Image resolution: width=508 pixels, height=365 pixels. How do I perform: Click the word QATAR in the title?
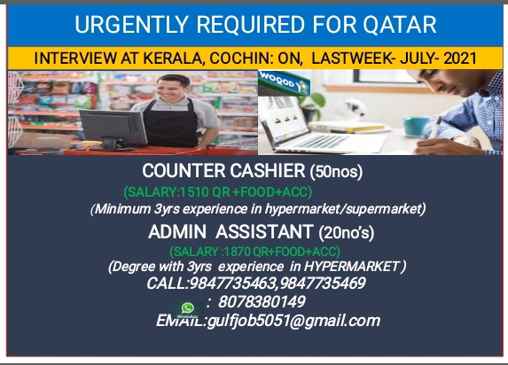(x=400, y=25)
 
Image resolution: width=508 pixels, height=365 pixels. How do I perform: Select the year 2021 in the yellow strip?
(x=460, y=58)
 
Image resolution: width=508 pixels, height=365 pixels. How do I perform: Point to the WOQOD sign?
(x=284, y=82)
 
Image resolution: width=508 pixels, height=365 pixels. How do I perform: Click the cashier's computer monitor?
(x=113, y=128)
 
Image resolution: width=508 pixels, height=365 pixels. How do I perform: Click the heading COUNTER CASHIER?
(x=223, y=171)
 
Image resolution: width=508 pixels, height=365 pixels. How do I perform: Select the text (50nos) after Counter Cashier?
(x=336, y=172)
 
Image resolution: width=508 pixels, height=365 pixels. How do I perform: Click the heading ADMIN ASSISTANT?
(x=231, y=232)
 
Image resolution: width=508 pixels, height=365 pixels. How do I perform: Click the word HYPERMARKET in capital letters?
(x=352, y=267)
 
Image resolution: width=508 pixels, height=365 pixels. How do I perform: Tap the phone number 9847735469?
(x=322, y=283)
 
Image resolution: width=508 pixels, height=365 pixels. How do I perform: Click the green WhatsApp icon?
(x=188, y=309)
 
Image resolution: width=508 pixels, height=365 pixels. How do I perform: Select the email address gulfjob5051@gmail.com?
(x=293, y=321)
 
